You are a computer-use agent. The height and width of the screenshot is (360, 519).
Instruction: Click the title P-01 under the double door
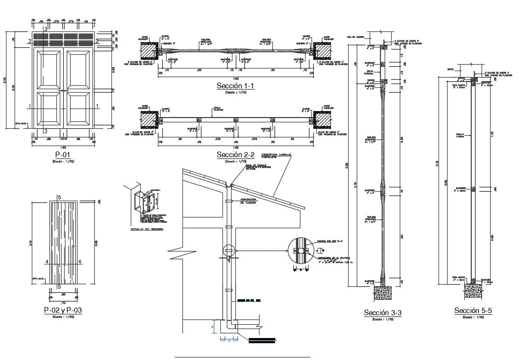(x=62, y=154)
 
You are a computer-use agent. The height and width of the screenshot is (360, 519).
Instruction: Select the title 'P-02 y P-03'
(x=63, y=310)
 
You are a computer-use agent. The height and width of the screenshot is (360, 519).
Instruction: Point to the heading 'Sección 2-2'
(x=235, y=155)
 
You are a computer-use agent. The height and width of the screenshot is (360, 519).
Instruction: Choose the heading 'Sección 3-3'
(x=383, y=313)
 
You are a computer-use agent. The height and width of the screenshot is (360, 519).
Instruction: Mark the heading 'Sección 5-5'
(x=473, y=310)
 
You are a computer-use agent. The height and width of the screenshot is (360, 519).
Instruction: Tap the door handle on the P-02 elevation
(x=73, y=246)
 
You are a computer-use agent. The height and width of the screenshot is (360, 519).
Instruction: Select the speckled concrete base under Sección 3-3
(x=383, y=293)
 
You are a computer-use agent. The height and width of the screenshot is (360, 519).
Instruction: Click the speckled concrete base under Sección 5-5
(x=473, y=292)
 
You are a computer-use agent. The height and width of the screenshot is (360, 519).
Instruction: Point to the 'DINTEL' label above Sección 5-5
(x=451, y=69)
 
